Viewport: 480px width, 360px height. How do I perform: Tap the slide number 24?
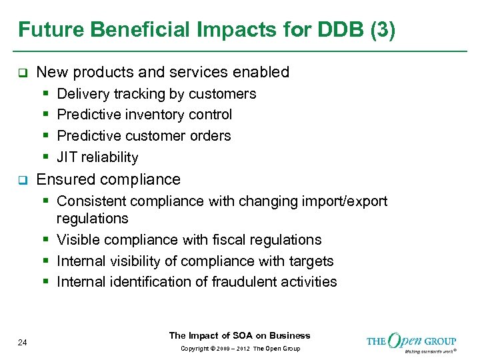[x=23, y=343]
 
